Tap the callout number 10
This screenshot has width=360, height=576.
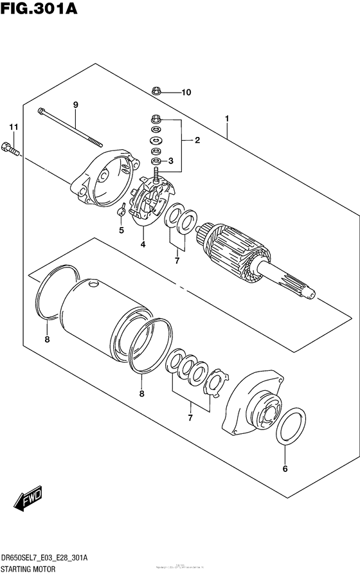(186, 92)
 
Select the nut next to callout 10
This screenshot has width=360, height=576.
(157, 91)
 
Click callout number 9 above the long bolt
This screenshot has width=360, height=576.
(75, 105)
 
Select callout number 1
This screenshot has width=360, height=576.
(227, 118)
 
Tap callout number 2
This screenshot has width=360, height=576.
(197, 140)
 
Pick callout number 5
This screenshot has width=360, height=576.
(120, 230)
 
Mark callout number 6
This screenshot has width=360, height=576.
(285, 469)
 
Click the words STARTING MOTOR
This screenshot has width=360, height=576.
(28, 570)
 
